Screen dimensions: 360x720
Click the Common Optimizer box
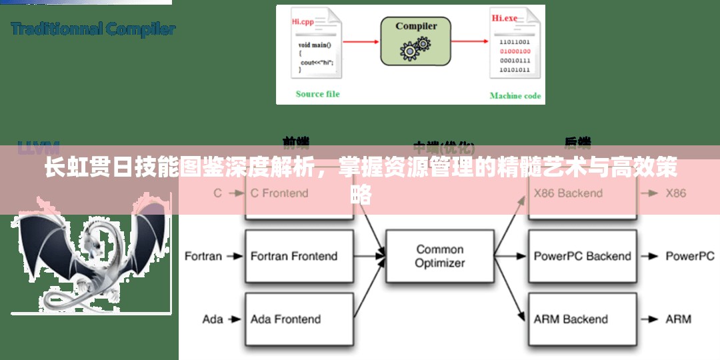(440, 256)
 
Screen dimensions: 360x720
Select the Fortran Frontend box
(294, 256)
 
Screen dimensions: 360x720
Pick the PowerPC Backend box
(582, 256)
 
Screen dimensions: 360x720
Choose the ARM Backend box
(571, 319)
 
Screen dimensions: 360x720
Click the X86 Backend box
(568, 193)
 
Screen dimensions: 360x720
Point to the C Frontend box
(279, 193)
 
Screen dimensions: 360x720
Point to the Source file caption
(317, 94)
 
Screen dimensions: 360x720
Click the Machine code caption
(515, 95)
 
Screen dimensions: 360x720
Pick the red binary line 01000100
(515, 51)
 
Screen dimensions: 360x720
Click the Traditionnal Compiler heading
(93, 29)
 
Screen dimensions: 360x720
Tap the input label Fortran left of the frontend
(203, 256)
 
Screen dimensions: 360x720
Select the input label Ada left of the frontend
(213, 319)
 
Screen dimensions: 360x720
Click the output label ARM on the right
(678, 319)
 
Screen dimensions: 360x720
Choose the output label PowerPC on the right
(689, 256)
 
